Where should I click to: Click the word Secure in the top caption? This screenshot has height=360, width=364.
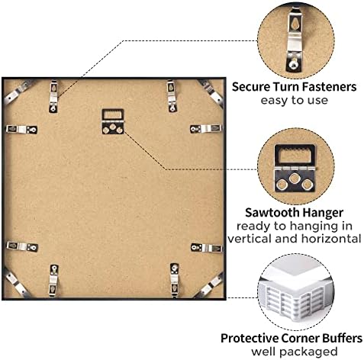pos(251,87)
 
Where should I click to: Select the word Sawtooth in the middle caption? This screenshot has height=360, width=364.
pos(272,213)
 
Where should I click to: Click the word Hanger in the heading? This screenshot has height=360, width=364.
pos(322,213)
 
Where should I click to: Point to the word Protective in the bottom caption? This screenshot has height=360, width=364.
pos(250,338)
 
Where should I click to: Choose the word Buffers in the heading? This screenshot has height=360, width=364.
pos(343,338)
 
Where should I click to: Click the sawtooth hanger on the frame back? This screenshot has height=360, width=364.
pos(113,121)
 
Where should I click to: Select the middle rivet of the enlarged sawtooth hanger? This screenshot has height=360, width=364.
pos(295,178)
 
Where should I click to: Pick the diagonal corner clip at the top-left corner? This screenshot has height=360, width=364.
pos(18,90)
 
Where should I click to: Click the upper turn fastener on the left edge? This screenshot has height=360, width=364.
pos(21,130)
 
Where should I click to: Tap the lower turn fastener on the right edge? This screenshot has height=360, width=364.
pos(207,248)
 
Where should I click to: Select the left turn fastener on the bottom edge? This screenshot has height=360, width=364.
pos(53,280)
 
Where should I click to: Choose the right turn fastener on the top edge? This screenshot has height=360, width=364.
pos(172,96)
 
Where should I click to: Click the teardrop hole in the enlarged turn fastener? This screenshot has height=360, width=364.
pos(295,24)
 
